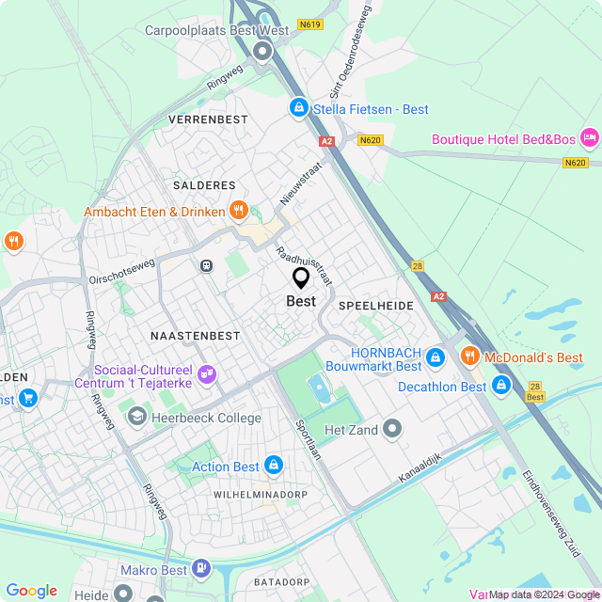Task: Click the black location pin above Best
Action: (x=301, y=278)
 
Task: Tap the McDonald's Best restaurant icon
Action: (x=469, y=356)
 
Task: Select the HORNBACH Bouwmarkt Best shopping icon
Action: (x=435, y=357)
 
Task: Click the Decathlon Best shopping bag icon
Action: (x=501, y=386)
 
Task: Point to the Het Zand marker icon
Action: (x=392, y=430)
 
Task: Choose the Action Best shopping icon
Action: (x=274, y=466)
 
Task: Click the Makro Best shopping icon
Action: (x=201, y=569)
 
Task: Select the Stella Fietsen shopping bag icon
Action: (x=298, y=109)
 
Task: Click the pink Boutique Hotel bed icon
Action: (x=590, y=139)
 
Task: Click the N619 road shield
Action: (x=309, y=24)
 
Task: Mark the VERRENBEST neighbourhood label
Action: (x=208, y=120)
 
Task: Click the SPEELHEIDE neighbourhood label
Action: (x=375, y=307)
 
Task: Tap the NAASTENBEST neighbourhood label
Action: (x=196, y=335)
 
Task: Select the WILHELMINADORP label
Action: (x=261, y=494)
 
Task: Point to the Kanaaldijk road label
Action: (x=420, y=466)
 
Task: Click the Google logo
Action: (x=31, y=591)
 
